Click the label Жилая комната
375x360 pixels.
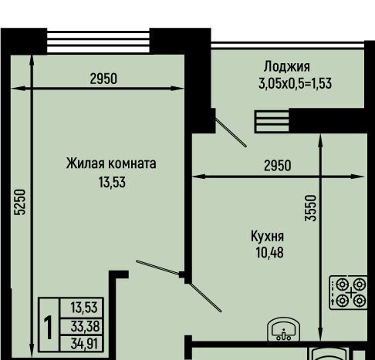point(111,163)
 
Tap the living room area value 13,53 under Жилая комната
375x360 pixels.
point(112,183)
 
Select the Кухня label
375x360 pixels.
point(267,237)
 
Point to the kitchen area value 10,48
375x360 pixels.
point(269,252)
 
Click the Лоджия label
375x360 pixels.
point(287,66)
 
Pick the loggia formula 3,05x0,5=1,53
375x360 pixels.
point(295,83)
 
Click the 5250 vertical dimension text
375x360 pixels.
point(20,202)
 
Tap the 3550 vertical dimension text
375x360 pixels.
point(310,208)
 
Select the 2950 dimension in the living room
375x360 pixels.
point(103,79)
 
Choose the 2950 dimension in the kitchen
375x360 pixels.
point(278,166)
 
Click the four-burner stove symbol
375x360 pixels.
point(349,292)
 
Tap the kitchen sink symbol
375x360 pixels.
point(283,330)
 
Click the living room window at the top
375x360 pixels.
point(98,42)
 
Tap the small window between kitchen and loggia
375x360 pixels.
point(272,122)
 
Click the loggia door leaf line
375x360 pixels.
point(231,133)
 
